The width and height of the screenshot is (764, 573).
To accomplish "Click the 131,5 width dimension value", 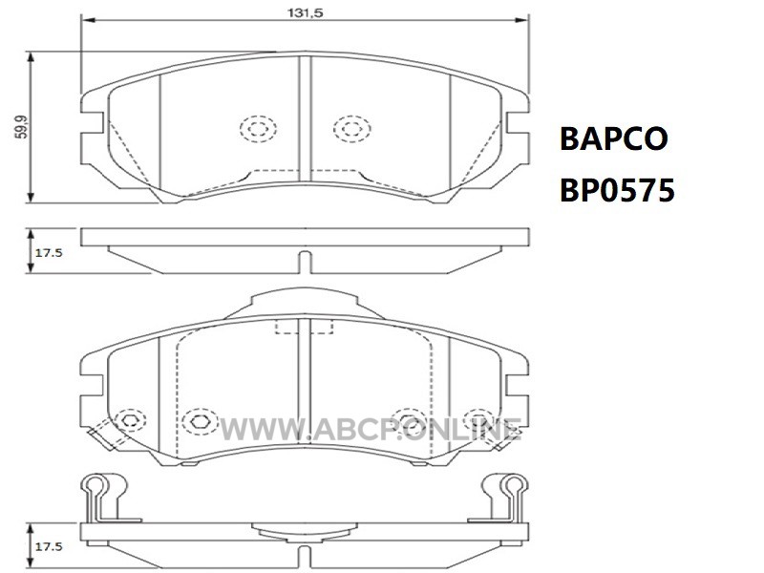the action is tap(305, 12).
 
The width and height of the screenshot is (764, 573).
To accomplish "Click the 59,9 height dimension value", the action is tap(21, 127).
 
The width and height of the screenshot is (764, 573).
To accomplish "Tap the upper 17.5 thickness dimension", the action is tap(49, 253).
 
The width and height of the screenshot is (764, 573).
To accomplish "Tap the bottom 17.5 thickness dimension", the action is tap(49, 546).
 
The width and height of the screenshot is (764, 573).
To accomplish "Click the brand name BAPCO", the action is tap(614, 138).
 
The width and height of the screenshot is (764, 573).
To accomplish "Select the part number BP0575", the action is tap(617, 190).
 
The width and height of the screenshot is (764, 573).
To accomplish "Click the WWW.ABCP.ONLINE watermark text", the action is tap(371, 429).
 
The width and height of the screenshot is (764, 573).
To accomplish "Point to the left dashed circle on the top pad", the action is tap(258, 129).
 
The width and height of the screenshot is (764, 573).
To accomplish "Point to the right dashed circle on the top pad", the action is tap(351, 129).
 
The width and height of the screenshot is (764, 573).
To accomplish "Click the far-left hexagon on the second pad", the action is tap(130, 419).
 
